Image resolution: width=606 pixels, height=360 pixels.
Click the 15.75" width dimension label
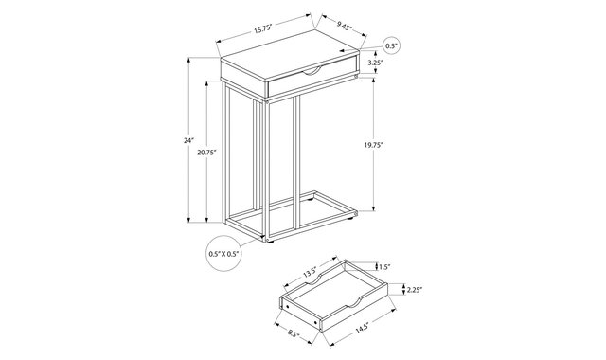click(263, 28)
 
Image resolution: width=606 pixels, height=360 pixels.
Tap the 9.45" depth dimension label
click(344, 27)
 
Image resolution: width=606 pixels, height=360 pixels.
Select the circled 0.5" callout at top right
click(391, 46)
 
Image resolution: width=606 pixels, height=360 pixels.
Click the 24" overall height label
click(188, 141)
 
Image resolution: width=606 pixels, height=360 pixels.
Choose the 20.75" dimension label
click(206, 153)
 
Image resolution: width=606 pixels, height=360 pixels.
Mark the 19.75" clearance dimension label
click(373, 145)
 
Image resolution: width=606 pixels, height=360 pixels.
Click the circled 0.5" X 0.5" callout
click(223, 253)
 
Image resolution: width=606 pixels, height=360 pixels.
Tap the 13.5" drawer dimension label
click(310, 273)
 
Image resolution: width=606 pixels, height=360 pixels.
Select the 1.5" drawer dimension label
click(384, 266)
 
